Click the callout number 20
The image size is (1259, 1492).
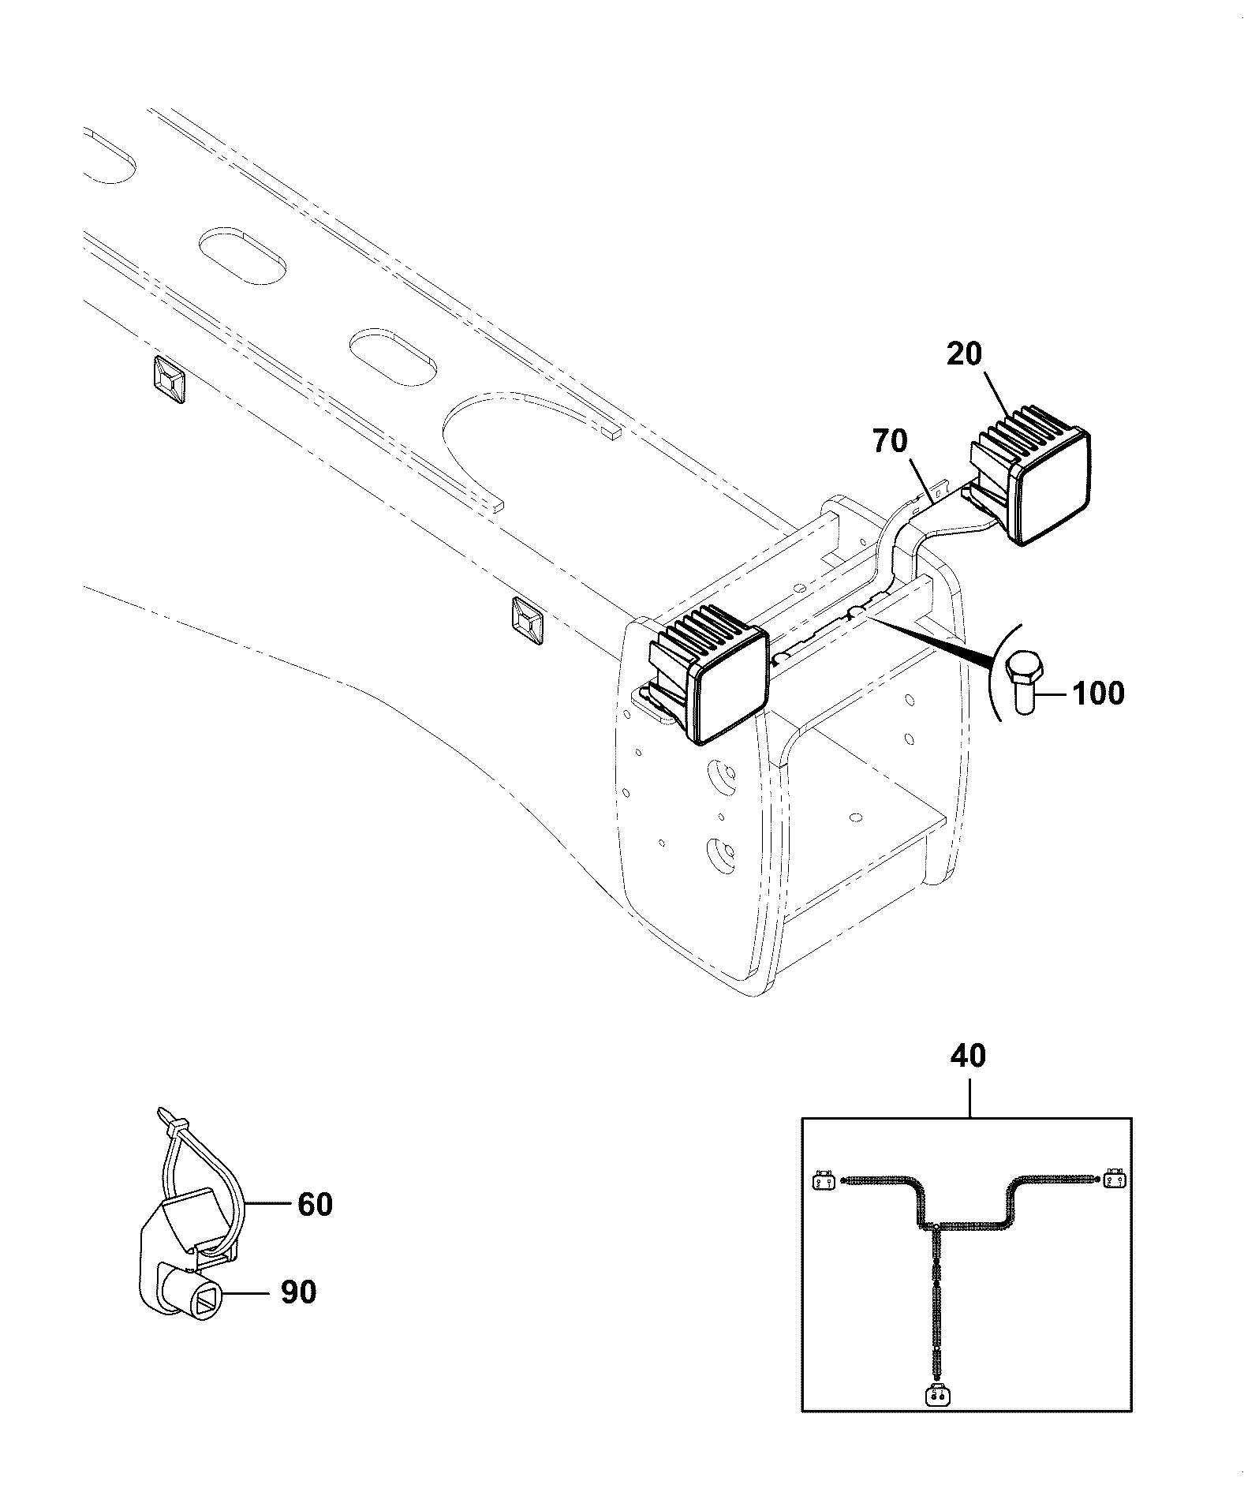pyautogui.click(x=964, y=353)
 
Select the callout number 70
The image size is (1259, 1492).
pyautogui.click(x=890, y=441)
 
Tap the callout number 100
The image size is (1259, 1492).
pyautogui.click(x=1097, y=694)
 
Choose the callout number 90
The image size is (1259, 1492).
pyautogui.click(x=298, y=1292)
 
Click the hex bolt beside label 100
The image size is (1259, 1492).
pyautogui.click(x=1025, y=683)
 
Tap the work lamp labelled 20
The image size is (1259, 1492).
pyautogui.click(x=1029, y=475)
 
